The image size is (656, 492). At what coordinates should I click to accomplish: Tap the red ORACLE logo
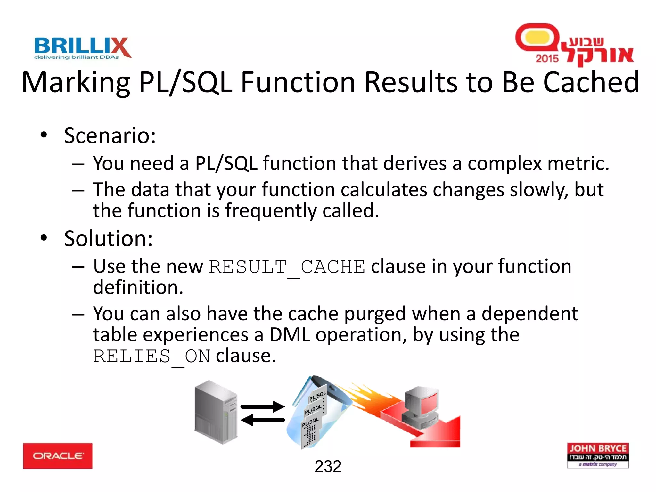(x=58, y=455)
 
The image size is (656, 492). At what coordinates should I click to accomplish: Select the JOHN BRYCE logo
(x=598, y=455)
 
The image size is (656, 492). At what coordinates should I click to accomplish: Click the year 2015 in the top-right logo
(x=547, y=58)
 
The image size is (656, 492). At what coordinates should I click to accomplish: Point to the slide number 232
(x=328, y=466)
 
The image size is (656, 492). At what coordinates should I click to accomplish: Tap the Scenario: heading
(x=110, y=135)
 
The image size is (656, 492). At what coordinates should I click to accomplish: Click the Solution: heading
(x=108, y=238)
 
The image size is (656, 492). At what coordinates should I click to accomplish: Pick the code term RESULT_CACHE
(x=287, y=267)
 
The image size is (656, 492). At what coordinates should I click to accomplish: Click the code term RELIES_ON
(x=152, y=356)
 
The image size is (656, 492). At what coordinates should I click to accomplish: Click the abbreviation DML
(x=290, y=335)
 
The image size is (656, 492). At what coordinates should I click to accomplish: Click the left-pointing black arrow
(x=262, y=420)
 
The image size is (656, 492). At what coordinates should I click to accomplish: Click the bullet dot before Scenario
(x=44, y=135)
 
